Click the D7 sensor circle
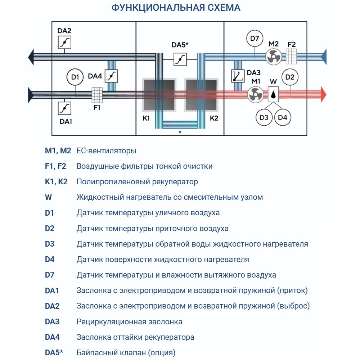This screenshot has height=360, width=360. [x=255, y=39]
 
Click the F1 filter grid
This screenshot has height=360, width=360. [x=97, y=95]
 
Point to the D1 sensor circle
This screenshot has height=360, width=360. [x=75, y=77]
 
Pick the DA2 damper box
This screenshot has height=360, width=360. [x=64, y=42]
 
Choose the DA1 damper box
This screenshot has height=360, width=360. [x=64, y=108]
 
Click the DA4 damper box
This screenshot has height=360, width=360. [x=112, y=76]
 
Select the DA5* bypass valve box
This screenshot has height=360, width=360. [x=180, y=59]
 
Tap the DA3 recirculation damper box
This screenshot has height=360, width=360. [x=238, y=76]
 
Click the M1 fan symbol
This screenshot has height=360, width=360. [x=255, y=95]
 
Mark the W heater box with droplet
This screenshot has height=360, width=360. [x=274, y=94]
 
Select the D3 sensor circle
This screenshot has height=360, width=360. [x=264, y=117]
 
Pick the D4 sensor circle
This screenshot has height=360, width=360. [x=283, y=117]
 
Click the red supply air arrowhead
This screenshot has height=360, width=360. [x=323, y=95]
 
